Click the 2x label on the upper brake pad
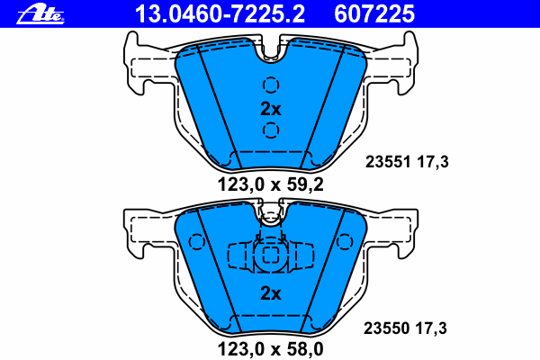[270, 109]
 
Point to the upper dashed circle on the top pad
[270, 86]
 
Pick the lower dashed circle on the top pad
[270, 131]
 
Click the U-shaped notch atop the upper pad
[270, 52]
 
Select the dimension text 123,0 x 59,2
[270, 186]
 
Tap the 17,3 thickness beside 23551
[431, 162]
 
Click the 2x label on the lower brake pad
[270, 292]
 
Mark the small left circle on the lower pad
[196, 241]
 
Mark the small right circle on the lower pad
[343, 241]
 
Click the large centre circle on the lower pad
[270, 256]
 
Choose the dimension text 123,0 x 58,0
[270, 345]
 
